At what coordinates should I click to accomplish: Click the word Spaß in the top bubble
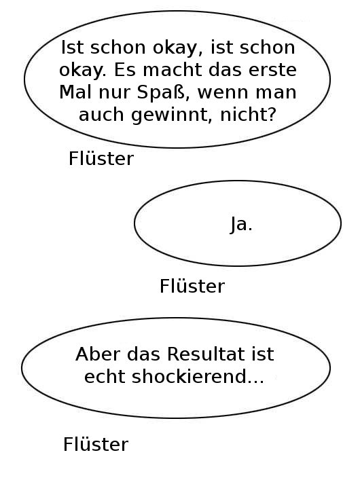[x=161, y=92]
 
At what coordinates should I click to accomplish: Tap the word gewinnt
[x=171, y=115]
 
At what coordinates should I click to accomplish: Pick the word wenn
[x=223, y=92]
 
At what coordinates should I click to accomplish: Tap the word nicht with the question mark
[x=248, y=115]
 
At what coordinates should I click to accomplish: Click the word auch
[x=101, y=115]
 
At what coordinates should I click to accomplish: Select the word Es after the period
[x=126, y=70]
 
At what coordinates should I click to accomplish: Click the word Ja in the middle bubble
[x=238, y=224]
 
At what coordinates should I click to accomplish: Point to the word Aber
[x=98, y=354]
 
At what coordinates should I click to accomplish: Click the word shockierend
[x=189, y=376]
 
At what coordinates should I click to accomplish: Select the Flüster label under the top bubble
[x=101, y=158]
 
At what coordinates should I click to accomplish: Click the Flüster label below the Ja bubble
[x=192, y=287]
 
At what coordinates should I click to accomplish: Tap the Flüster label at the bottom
[x=96, y=445]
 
